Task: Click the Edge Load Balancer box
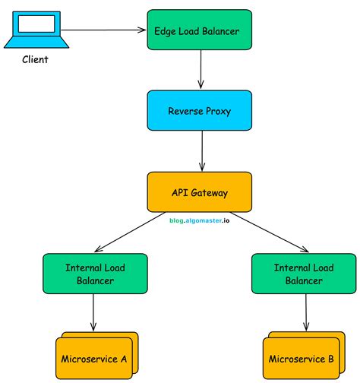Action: pyautogui.click(x=198, y=32)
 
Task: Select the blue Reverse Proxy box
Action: pyautogui.click(x=198, y=112)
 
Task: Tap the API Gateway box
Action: pyautogui.click(x=198, y=191)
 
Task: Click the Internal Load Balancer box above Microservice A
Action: pyautogui.click(x=93, y=274)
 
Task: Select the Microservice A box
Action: pyautogui.click(x=94, y=357)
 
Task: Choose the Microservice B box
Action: pyautogui.click(x=302, y=357)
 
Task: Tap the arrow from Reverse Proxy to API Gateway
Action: pyautogui.click(x=201, y=151)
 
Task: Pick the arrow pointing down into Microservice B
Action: pyautogui.click(x=306, y=313)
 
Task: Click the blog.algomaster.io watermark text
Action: pyautogui.click(x=198, y=218)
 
